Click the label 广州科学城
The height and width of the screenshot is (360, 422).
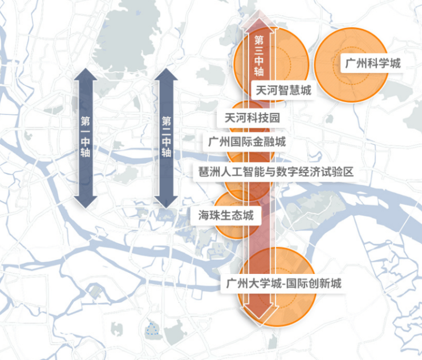click(373, 63)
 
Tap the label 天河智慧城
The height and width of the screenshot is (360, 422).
click(283, 91)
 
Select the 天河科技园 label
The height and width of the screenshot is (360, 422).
click(252, 118)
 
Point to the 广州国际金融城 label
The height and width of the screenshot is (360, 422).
click(247, 142)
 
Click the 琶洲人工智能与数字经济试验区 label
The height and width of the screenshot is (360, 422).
click(276, 172)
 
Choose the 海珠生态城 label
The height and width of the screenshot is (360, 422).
click(226, 215)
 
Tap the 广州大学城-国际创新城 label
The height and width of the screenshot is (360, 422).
click(283, 284)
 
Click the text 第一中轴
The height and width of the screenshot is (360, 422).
click(86, 137)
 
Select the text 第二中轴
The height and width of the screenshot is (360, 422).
click(166, 137)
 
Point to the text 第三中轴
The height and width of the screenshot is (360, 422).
click(259, 56)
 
